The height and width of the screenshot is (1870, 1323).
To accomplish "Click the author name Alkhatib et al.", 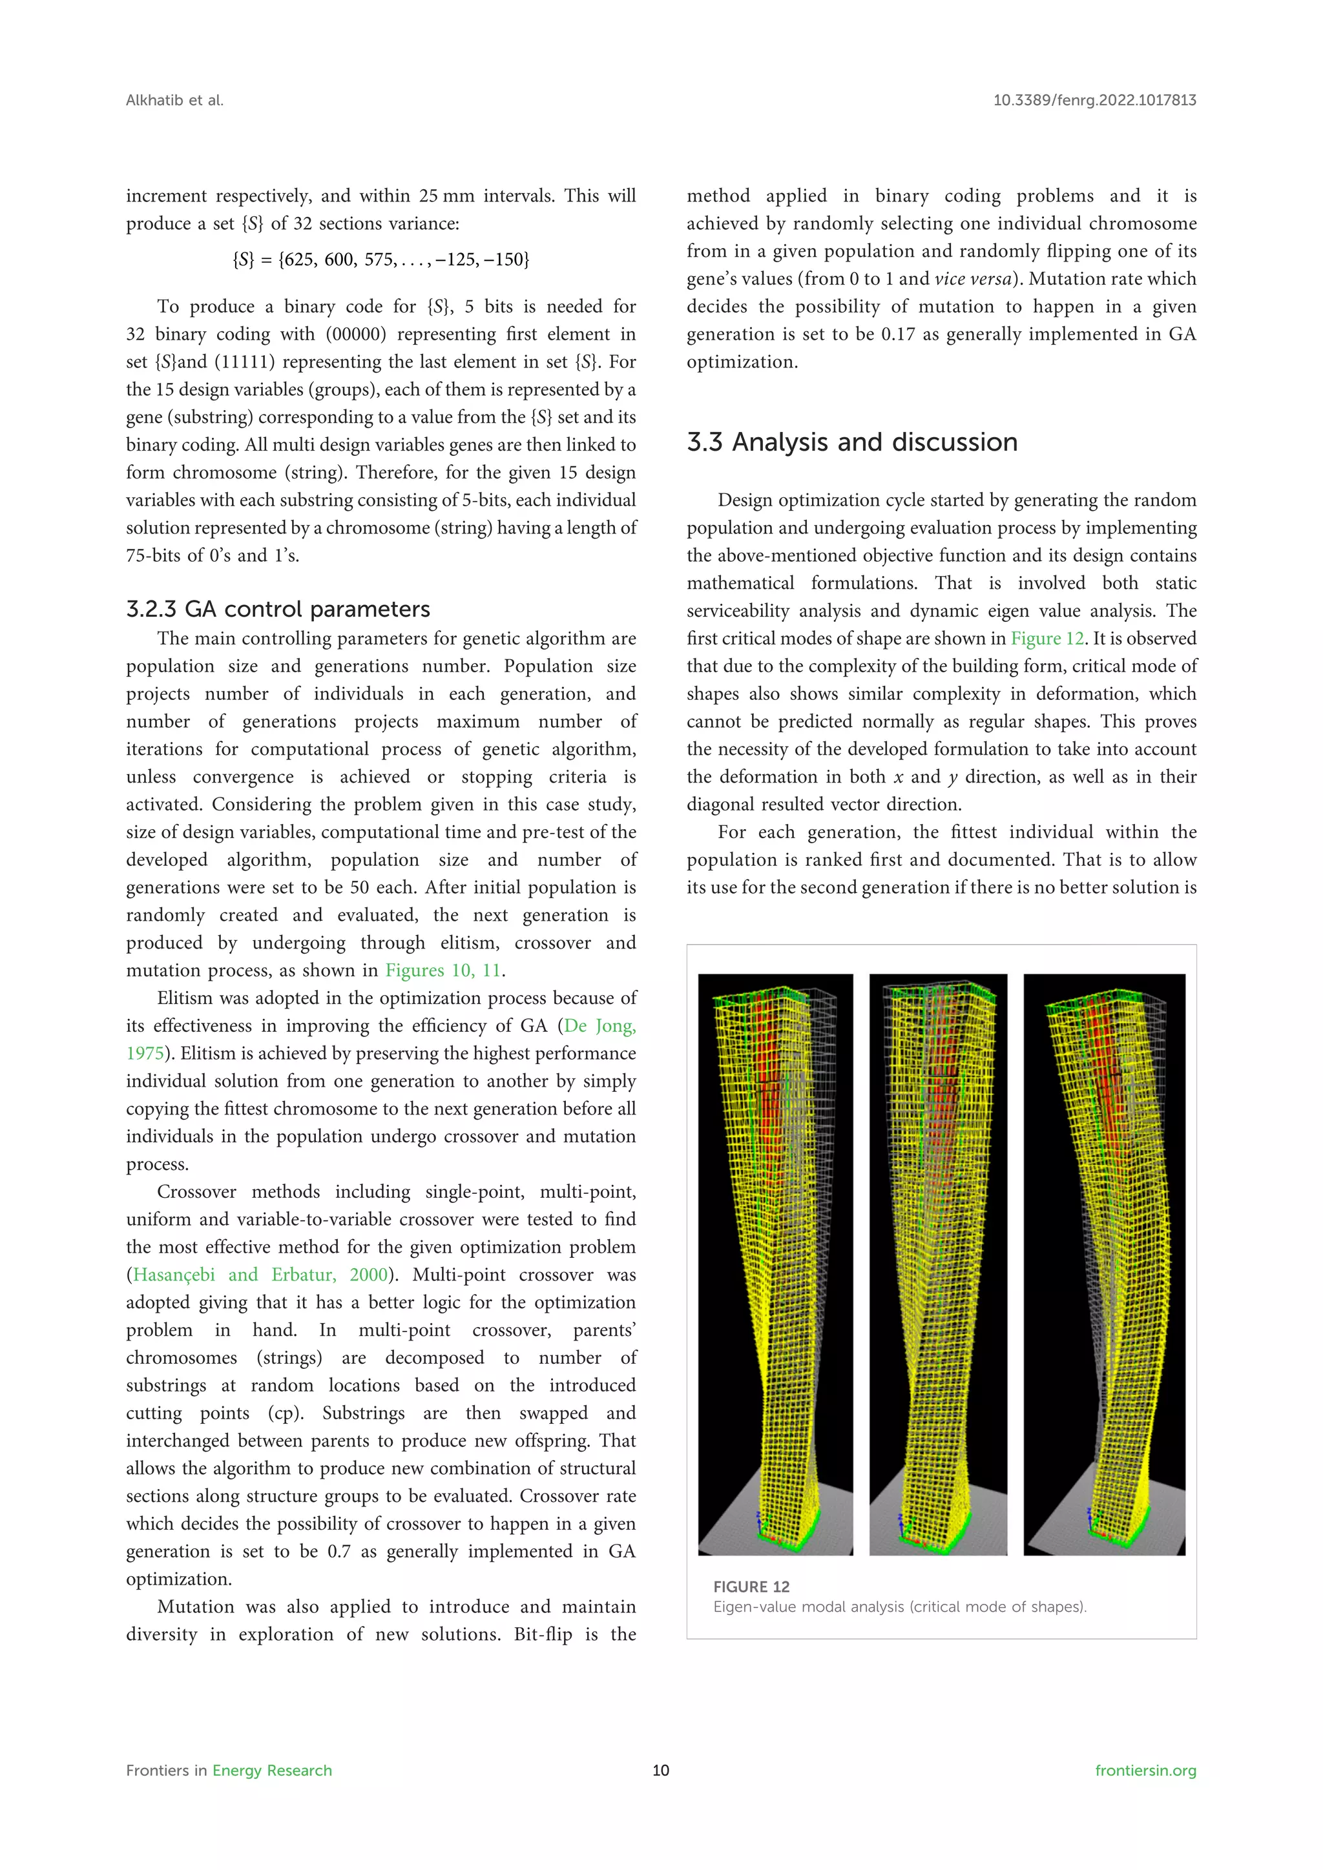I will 174,100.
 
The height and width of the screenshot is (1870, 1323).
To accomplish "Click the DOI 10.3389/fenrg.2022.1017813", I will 1094,100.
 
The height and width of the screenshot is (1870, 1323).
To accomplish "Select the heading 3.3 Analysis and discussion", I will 852,442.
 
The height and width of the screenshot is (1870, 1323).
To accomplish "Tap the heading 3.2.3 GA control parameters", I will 278,609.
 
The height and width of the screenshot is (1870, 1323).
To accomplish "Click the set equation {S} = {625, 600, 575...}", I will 380,260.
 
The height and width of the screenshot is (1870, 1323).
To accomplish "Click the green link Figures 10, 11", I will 444,970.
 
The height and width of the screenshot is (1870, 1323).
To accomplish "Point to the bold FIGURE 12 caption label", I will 751,1587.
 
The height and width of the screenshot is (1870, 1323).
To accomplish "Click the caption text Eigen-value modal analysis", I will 899,1607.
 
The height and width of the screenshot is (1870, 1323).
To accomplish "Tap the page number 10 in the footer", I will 661,1771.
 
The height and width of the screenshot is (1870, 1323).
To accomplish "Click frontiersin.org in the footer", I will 1145,1771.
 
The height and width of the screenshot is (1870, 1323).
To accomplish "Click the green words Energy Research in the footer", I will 272,1771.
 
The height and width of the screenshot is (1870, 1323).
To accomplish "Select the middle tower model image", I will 938,1264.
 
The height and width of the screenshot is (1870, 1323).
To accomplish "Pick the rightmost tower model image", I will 1104,1264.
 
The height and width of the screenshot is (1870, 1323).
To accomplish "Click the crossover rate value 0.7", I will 339,1552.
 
